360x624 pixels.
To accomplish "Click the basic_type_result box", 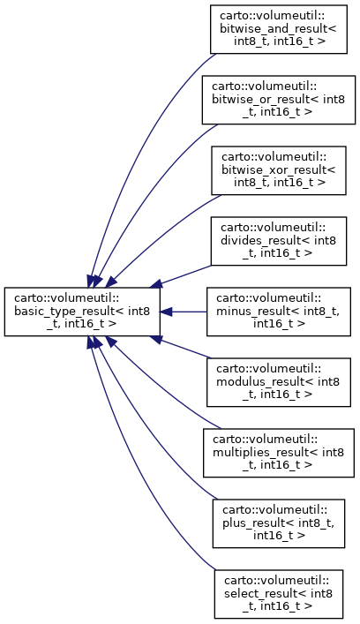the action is [x=82, y=312].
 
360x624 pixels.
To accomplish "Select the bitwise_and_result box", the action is [x=279, y=29].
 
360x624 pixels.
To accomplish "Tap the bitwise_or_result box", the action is [x=279, y=100].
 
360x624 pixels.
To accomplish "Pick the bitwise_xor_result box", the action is [x=279, y=170].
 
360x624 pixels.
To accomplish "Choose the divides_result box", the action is [x=279, y=241].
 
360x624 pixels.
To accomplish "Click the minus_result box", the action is [x=279, y=312].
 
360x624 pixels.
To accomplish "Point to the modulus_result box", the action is [x=279, y=382].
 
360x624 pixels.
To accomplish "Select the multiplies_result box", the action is [x=279, y=453].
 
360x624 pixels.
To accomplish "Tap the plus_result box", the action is [x=279, y=523].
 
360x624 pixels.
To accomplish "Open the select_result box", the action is [x=279, y=594].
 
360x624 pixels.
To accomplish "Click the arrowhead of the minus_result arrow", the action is [x=166, y=312].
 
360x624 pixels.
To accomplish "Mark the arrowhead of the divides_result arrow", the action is [x=156, y=284].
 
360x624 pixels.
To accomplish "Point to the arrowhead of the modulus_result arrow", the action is [x=156, y=339].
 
